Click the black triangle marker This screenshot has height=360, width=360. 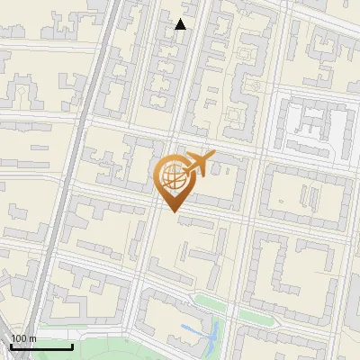181,24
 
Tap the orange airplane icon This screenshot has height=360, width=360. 197,164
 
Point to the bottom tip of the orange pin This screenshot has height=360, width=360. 171,210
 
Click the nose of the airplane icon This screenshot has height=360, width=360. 212,156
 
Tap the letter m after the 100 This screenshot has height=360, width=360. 32,338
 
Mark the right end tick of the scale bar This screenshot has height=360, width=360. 72,346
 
